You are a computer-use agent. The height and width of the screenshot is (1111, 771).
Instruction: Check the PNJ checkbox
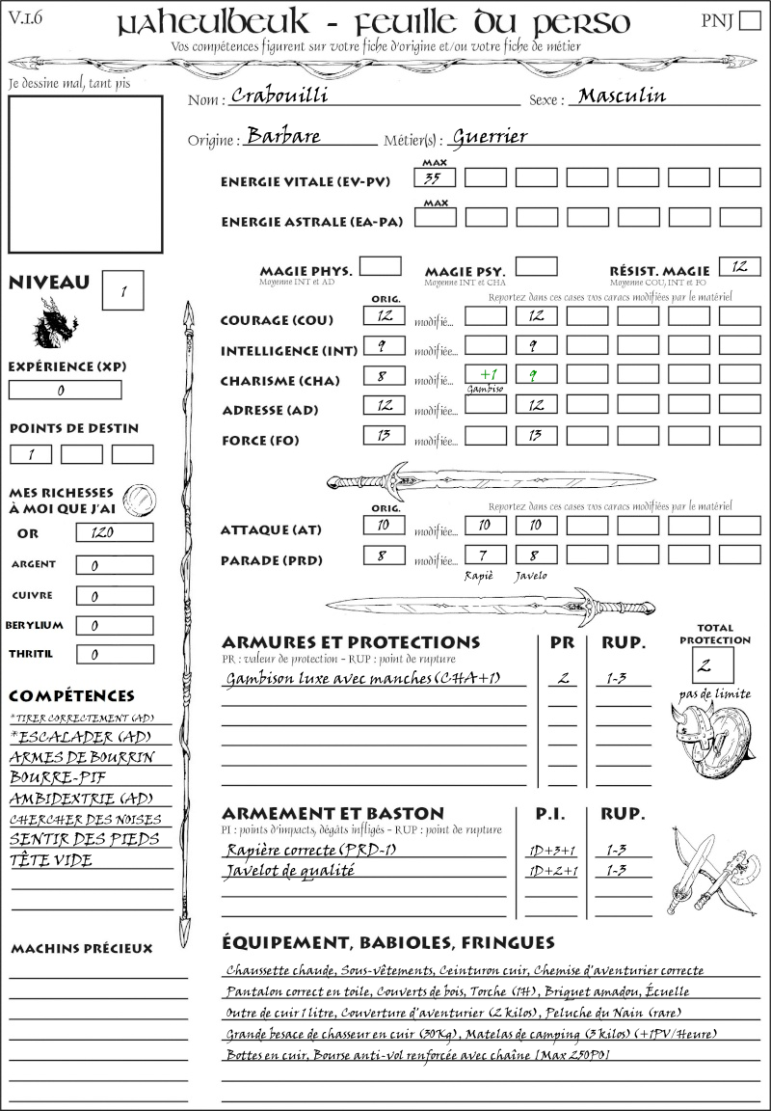pos(748,21)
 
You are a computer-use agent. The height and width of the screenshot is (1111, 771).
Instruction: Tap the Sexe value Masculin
pos(622,95)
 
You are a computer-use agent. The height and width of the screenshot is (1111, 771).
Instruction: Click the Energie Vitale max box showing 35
pos(435,177)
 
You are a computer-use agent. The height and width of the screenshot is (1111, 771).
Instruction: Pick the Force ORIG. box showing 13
pos(384,436)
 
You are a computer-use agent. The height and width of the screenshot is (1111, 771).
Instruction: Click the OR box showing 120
pos(114,532)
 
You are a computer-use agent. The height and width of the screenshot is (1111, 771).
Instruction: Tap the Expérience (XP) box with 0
pos(65,390)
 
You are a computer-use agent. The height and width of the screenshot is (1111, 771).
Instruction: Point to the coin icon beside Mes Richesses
pos(141,500)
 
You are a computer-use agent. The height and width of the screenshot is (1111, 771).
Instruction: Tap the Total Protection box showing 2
pos(712,664)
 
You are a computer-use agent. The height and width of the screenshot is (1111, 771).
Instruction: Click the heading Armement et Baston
pos(332,813)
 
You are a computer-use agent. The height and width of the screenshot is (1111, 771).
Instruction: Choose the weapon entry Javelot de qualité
pos(290,871)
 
